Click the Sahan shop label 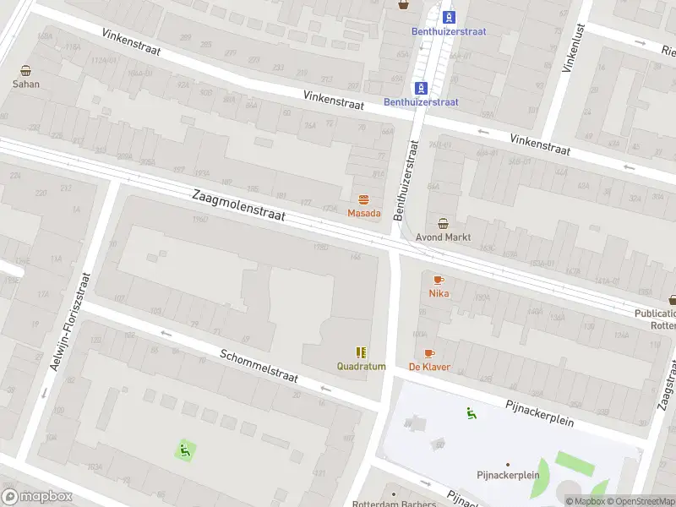(x=25, y=84)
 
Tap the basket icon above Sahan (x=25, y=71)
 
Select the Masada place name (x=363, y=213)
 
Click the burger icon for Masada (x=363, y=199)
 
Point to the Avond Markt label (x=444, y=237)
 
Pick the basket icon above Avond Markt (x=444, y=223)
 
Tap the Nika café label (x=439, y=293)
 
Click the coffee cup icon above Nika (x=439, y=280)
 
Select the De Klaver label (x=429, y=367)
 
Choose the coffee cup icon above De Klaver (x=429, y=353)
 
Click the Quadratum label (x=361, y=367)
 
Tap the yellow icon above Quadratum (x=361, y=352)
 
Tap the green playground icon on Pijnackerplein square (x=472, y=412)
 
